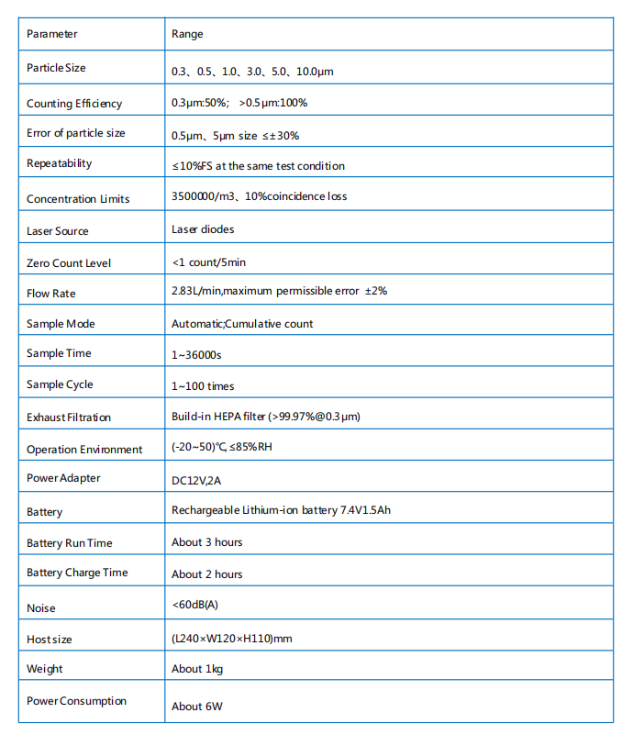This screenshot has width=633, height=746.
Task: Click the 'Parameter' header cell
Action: click(52, 34)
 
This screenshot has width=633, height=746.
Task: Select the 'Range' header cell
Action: click(187, 34)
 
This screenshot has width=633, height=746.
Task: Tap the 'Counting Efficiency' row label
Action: click(74, 104)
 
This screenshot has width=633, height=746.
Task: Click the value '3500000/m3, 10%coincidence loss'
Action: click(259, 196)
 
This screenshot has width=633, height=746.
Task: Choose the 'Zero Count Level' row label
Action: click(69, 263)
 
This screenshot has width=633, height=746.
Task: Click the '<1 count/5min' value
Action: click(208, 262)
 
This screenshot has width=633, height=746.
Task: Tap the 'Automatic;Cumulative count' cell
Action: click(242, 324)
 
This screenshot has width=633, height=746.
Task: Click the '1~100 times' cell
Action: click(203, 386)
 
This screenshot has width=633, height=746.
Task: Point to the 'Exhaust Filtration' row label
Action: click(69, 418)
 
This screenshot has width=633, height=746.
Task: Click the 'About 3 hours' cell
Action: click(207, 542)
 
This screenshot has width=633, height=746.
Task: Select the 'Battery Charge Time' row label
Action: click(77, 573)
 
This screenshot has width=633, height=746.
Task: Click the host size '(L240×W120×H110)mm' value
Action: click(232, 638)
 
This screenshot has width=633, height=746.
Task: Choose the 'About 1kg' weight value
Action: click(197, 669)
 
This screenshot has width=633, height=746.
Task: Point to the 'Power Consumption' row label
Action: click(76, 701)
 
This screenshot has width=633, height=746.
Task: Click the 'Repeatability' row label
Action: click(60, 163)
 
